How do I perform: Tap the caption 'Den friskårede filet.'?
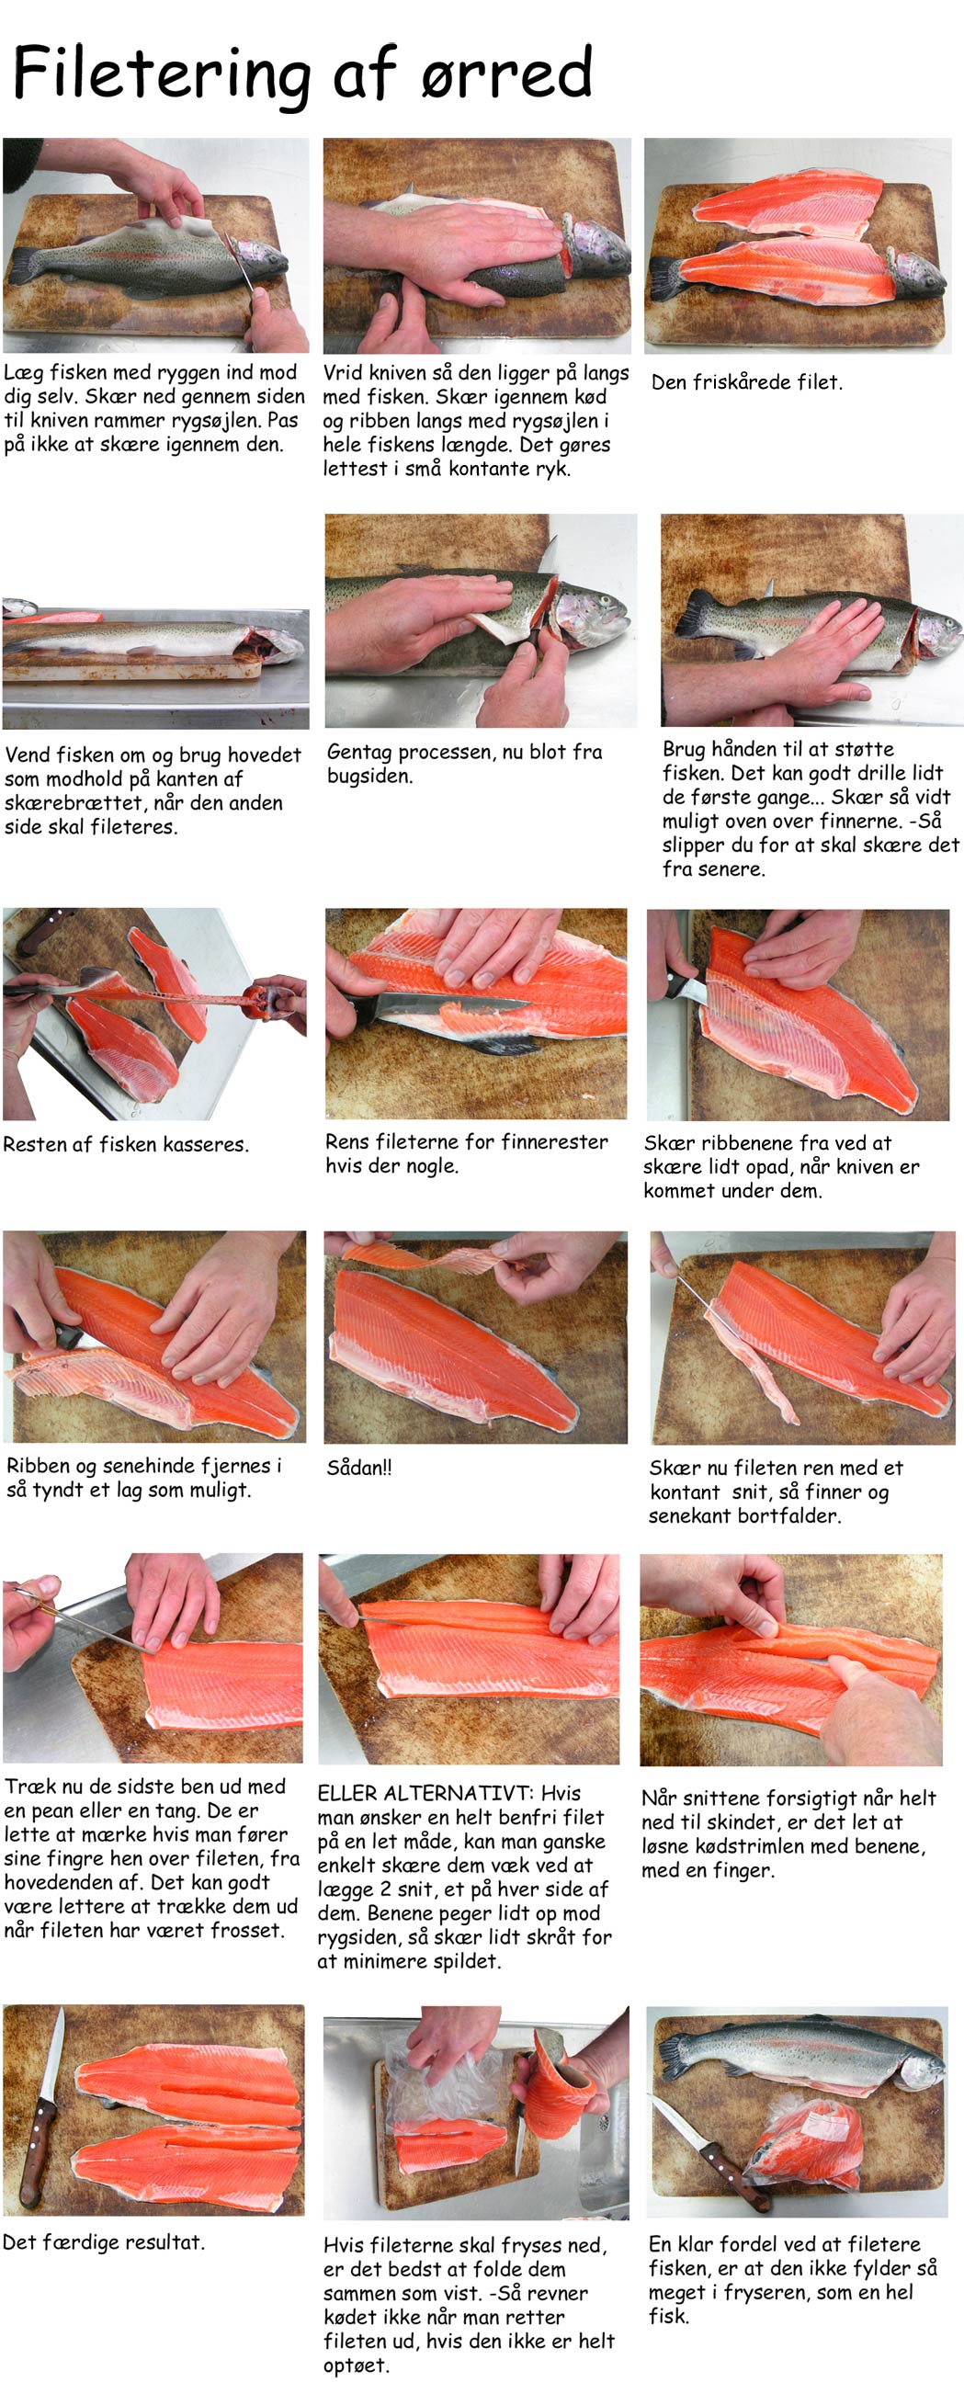(x=746, y=382)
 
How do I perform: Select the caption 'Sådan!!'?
(x=359, y=1467)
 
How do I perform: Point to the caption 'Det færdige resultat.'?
(x=104, y=2241)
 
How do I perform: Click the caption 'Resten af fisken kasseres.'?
(x=126, y=1143)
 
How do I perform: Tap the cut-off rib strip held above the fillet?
(x=430, y=1255)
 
